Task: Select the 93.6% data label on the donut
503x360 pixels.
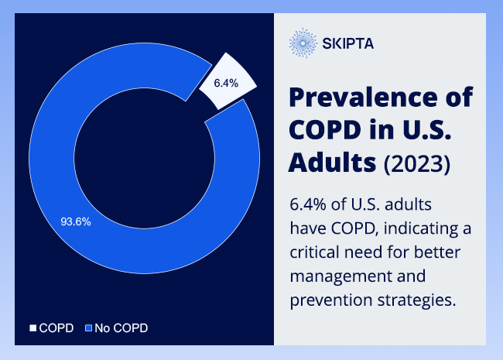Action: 76,221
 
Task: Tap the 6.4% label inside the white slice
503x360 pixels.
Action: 226,84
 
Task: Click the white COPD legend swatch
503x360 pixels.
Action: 33,328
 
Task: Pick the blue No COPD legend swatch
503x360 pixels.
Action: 88,328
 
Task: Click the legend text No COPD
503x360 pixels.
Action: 121,328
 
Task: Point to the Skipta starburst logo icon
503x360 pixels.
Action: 303,43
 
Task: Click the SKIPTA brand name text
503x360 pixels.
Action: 348,43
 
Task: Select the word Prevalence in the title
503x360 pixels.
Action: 363,97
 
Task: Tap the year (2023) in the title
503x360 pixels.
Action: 417,163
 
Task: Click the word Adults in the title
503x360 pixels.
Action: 332,163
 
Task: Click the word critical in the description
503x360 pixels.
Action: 314,252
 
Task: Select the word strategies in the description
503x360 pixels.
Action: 416,300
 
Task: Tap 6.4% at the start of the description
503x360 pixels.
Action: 308,204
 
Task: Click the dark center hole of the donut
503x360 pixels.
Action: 145,158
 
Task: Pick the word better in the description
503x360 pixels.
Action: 437,252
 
